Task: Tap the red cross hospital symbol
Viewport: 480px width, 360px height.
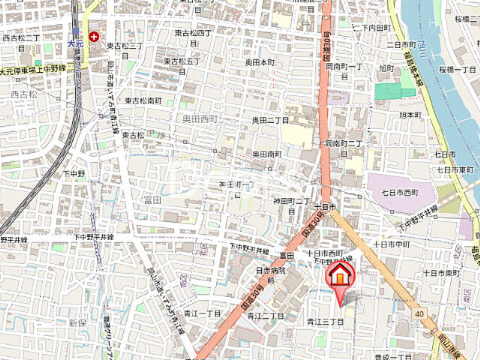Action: (94, 36)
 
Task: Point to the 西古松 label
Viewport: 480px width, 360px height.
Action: (23, 94)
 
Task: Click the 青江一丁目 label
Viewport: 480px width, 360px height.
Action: (202, 313)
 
